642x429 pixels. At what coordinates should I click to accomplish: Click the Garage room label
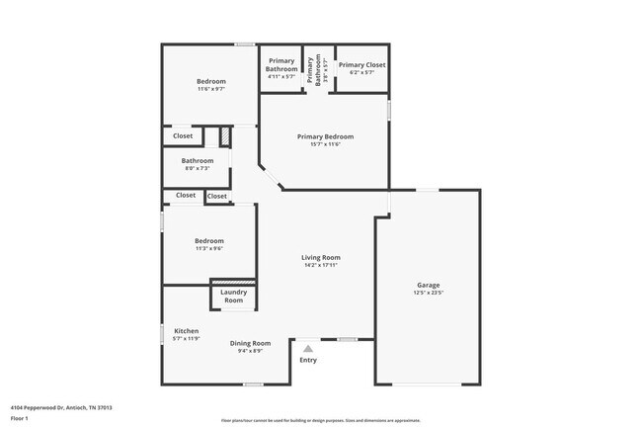tap(429, 284)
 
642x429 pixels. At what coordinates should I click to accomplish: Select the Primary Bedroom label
tap(326, 136)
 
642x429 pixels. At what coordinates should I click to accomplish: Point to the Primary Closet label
tap(361, 65)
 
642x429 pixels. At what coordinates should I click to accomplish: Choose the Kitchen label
tap(187, 330)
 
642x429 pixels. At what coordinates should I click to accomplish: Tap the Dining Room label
tap(250, 343)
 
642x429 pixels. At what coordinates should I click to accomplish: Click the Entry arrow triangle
tap(308, 348)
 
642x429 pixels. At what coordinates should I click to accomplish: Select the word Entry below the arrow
tap(308, 360)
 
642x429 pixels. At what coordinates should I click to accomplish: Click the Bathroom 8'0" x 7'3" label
tap(198, 160)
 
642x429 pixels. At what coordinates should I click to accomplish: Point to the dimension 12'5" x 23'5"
tap(429, 293)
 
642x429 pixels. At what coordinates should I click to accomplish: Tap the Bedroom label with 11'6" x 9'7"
tap(210, 81)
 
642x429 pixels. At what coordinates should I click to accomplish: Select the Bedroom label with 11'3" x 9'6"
tap(208, 241)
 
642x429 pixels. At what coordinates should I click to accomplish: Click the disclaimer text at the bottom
tap(321, 420)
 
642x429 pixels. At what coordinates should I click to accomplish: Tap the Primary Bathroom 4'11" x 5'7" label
tap(281, 65)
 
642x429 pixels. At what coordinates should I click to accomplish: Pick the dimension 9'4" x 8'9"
tap(250, 352)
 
